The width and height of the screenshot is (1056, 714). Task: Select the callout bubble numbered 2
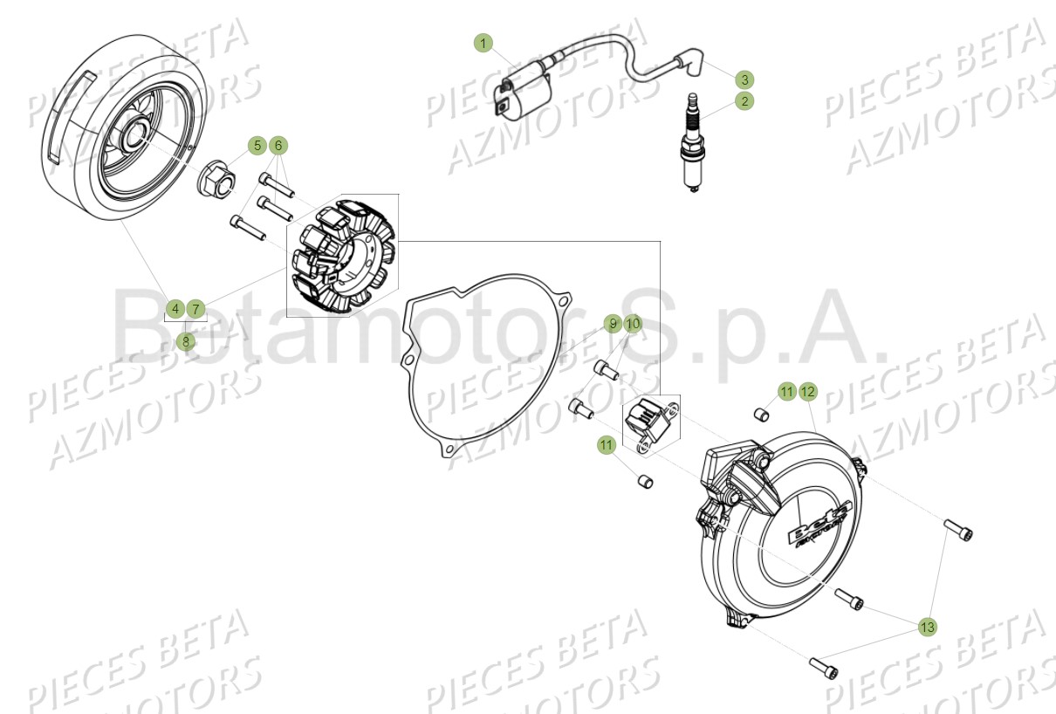pyautogui.click(x=744, y=101)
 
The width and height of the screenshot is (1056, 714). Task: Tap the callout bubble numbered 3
pyautogui.click(x=744, y=79)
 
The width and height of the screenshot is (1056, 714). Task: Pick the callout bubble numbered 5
pyautogui.click(x=257, y=145)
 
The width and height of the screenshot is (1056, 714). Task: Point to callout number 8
pyautogui.click(x=185, y=341)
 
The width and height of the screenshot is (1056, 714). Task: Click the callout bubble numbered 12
pyautogui.click(x=807, y=391)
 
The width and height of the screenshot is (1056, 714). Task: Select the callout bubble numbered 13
pyautogui.click(x=927, y=627)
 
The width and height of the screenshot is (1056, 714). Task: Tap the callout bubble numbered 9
pyautogui.click(x=613, y=324)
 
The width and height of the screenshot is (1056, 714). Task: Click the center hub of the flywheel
pyautogui.click(x=137, y=136)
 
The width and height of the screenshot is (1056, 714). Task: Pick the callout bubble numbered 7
pyautogui.click(x=196, y=308)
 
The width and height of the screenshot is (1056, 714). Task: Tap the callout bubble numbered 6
pyautogui.click(x=278, y=145)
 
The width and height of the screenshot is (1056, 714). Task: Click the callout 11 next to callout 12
pyautogui.click(x=787, y=391)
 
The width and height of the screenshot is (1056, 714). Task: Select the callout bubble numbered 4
pyautogui.click(x=175, y=308)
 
